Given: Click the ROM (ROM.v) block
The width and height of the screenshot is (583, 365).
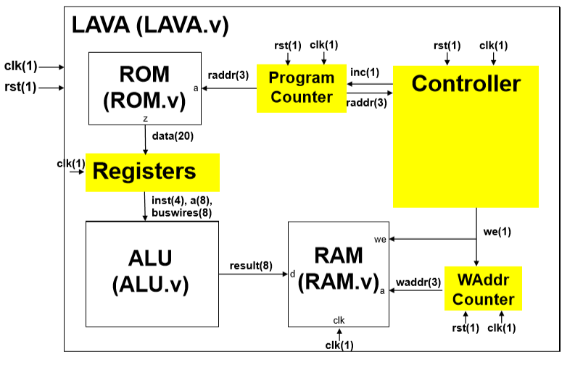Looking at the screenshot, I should click(x=144, y=88).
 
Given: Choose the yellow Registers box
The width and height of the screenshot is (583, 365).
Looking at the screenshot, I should click(x=153, y=172).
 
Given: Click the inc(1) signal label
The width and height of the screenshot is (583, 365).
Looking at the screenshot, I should click(x=364, y=72).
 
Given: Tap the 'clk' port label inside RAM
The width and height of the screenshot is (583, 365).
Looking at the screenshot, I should click(x=339, y=319).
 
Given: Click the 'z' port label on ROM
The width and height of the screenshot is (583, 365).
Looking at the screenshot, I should click(x=146, y=117).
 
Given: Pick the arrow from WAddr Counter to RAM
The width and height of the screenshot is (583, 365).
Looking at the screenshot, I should click(x=417, y=290).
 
